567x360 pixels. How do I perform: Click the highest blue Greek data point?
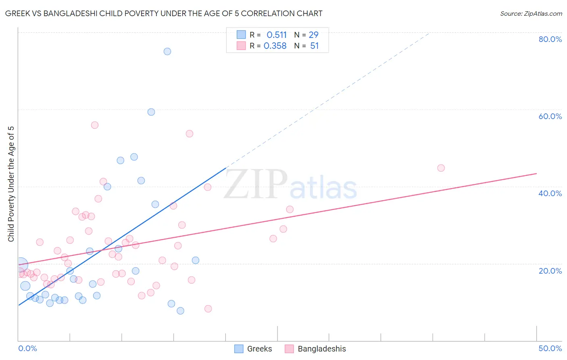(x=167, y=51)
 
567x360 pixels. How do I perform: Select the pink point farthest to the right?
(x=441, y=168)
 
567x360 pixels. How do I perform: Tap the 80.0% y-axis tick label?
(x=550, y=39)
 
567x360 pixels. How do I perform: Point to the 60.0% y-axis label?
(x=550, y=116)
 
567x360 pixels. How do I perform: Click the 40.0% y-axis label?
(x=550, y=193)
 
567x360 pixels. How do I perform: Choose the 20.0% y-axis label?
(x=550, y=271)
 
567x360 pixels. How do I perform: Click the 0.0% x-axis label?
(x=27, y=348)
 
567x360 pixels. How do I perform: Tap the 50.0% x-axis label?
(x=550, y=348)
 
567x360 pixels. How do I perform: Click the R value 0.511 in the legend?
(x=277, y=35)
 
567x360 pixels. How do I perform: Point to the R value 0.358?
(x=275, y=46)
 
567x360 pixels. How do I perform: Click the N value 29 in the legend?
(x=314, y=35)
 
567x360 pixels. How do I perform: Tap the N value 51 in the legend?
(x=315, y=46)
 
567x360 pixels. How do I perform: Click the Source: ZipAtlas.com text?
(x=531, y=14)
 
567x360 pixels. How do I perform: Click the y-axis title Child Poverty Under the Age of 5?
(x=11, y=184)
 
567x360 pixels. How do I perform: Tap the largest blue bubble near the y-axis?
(x=21, y=265)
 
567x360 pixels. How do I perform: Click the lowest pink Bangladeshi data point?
(x=208, y=309)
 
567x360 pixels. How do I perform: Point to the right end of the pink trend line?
(x=536, y=174)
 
